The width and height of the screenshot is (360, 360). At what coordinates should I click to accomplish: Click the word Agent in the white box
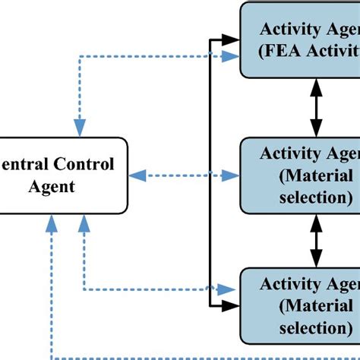56,185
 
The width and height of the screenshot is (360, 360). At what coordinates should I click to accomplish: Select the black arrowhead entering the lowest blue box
232,306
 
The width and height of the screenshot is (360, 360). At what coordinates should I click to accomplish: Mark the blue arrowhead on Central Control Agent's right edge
136,175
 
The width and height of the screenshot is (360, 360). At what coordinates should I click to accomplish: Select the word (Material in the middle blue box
307,175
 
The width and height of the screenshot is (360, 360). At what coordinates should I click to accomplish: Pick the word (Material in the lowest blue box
307,306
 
